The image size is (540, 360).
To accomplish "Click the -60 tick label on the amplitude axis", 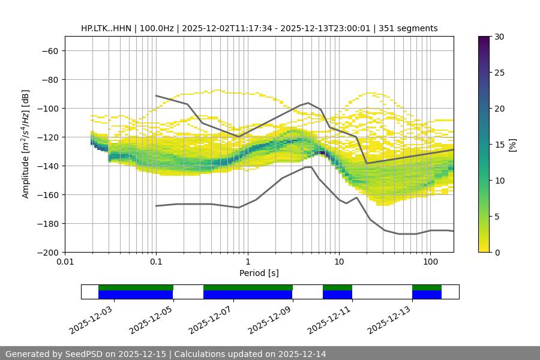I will coord(49,50).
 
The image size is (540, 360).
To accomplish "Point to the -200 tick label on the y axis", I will coord(47,252).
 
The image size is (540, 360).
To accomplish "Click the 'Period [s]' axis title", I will coord(259,273).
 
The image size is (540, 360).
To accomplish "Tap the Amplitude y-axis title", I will coord(26,144).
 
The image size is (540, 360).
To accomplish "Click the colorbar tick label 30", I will coord(499,37).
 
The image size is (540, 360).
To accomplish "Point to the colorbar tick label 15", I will coord(499,145).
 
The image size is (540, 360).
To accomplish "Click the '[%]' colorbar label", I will coord(512,144).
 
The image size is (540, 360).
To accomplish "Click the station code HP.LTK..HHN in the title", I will coord(106,28).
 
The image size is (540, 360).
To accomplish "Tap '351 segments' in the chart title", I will coord(410,28).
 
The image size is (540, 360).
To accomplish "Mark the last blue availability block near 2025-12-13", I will coord(427,295).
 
